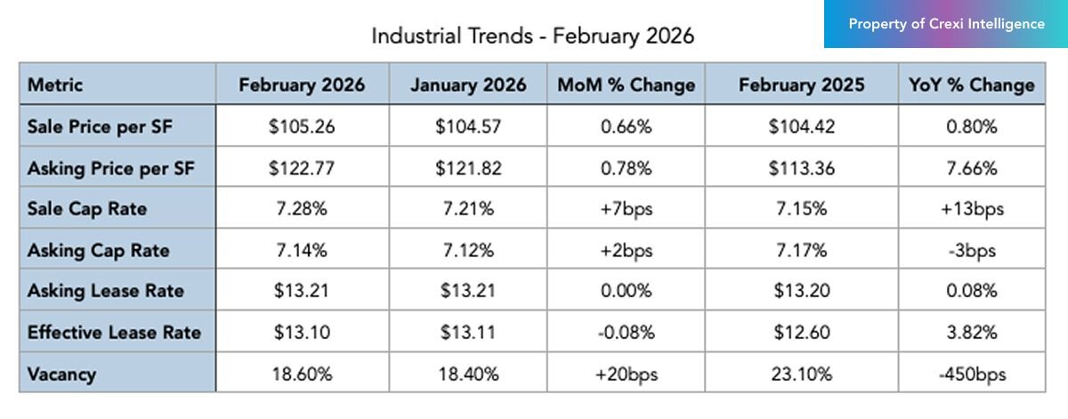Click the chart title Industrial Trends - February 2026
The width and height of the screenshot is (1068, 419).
(x=532, y=36)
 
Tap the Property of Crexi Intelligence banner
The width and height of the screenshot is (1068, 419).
(x=946, y=25)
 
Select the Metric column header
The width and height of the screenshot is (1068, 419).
(x=55, y=85)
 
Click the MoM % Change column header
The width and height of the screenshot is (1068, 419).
(x=626, y=85)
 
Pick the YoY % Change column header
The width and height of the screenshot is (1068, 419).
(x=971, y=85)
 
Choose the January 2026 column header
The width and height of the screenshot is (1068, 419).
(x=467, y=85)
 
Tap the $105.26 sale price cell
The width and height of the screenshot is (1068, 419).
(x=302, y=127)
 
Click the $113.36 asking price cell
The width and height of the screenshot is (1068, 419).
(x=801, y=169)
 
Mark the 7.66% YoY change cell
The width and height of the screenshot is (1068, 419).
(x=971, y=169)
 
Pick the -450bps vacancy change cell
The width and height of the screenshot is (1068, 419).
(x=971, y=375)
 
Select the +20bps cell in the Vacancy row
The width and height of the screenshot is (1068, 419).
(x=626, y=375)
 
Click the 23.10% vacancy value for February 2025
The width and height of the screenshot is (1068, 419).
(x=801, y=375)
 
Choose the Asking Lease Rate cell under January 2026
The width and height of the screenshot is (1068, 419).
(x=467, y=292)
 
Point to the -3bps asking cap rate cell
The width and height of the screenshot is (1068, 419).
(x=971, y=251)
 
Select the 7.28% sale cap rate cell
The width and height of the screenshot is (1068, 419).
(x=302, y=210)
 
